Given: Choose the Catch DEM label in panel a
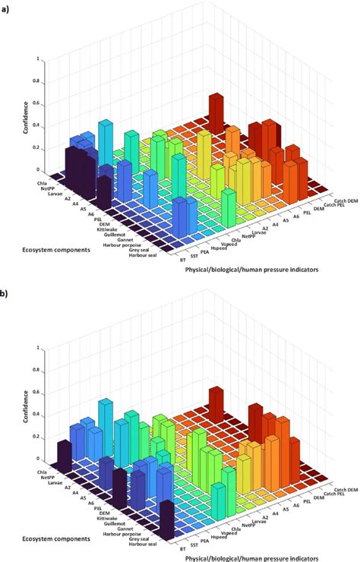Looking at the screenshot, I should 340,199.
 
